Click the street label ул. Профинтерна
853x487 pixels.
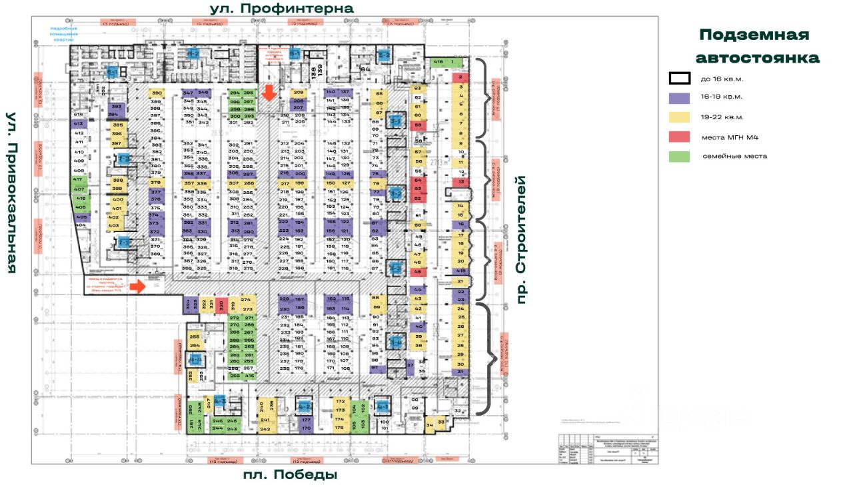point(281,9)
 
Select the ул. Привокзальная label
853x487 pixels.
point(11,193)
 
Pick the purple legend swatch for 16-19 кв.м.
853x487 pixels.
point(679,97)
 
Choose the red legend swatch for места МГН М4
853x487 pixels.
point(679,137)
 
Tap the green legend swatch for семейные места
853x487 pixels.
point(679,157)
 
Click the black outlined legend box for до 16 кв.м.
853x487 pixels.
point(679,78)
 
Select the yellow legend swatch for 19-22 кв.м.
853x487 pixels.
point(679,117)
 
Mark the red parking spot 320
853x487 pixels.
point(221,305)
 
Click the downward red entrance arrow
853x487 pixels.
point(268,93)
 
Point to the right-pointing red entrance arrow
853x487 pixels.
point(137,286)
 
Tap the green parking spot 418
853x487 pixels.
point(438,62)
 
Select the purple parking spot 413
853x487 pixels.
point(78,124)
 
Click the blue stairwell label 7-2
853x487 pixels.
point(124,159)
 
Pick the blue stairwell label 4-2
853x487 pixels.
point(305,406)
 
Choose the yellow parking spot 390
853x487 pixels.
point(157,93)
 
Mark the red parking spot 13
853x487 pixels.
point(460,181)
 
